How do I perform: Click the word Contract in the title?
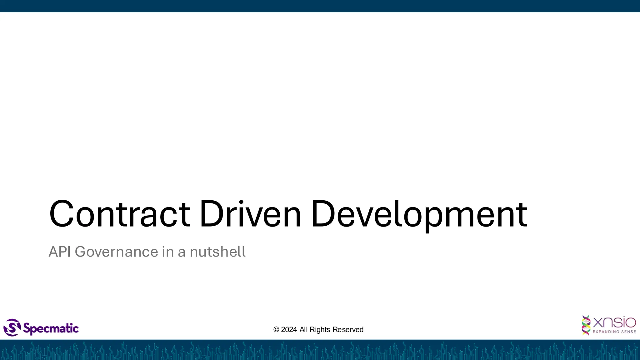tap(120, 214)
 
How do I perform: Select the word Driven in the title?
tap(250, 214)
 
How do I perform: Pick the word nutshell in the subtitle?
tap(217, 252)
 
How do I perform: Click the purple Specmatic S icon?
tap(12, 327)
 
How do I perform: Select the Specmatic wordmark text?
tap(51, 328)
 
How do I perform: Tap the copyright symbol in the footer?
tap(276, 330)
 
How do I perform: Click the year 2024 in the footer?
tap(289, 330)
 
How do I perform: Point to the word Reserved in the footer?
tap(348, 330)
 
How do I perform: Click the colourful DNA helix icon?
tap(586, 325)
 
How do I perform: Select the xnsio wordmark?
tap(614, 322)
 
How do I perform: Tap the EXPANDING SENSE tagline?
tap(614, 332)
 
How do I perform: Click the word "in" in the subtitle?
tap(167, 252)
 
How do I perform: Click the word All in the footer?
tap(303, 330)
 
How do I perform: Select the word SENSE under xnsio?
tap(628, 332)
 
